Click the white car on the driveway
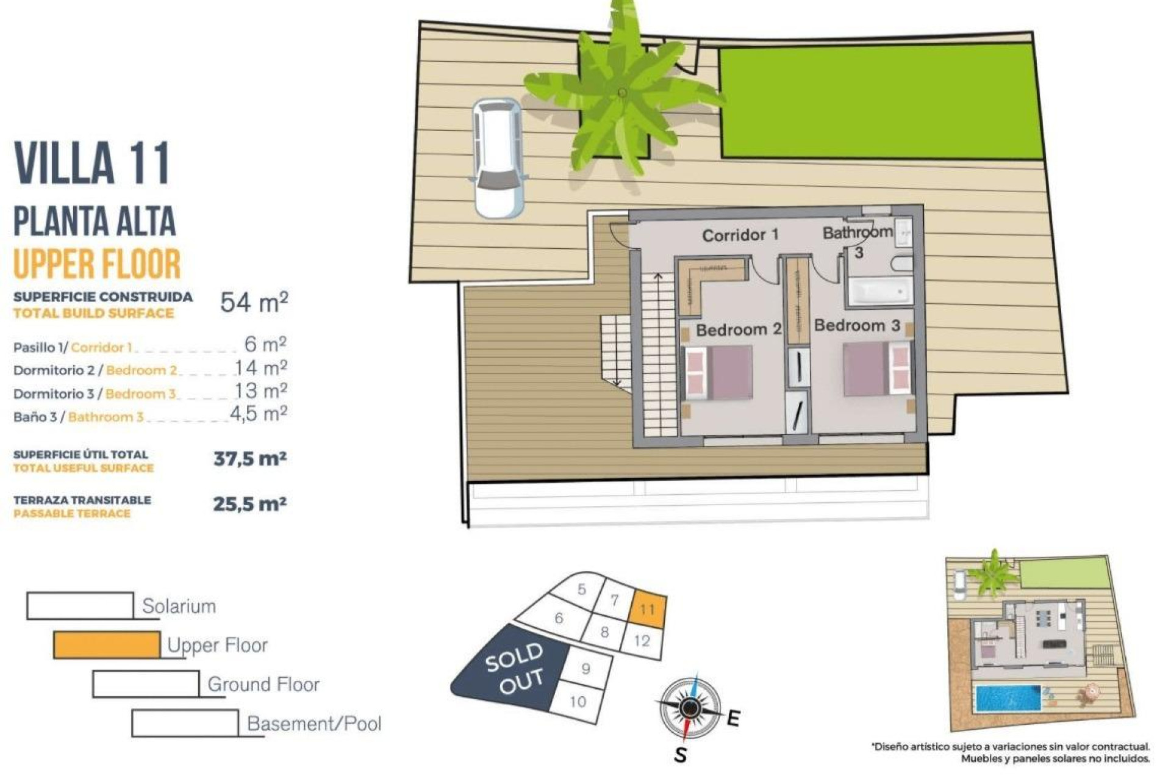(498, 158)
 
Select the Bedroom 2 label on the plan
(738, 330)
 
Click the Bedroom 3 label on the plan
(857, 326)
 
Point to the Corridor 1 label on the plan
(740, 235)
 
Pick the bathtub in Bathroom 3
(880, 292)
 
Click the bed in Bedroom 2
(720, 372)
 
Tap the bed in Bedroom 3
(877, 369)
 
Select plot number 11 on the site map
(647, 609)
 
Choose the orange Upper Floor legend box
(107, 645)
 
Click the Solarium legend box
(80, 606)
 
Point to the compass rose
(689, 708)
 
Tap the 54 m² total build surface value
(254, 302)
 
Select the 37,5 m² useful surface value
(250, 459)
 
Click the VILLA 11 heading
(92, 163)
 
